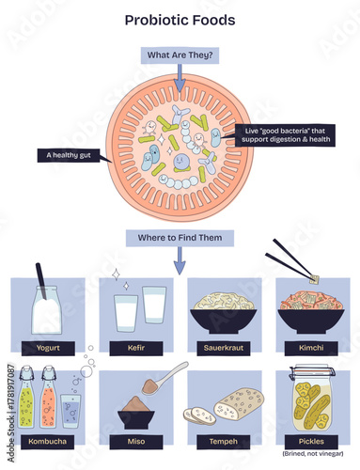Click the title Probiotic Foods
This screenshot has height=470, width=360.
tap(180, 20)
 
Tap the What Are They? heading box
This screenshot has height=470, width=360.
tap(180, 55)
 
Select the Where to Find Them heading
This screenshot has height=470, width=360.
tap(180, 238)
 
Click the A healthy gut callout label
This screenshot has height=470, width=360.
tap(70, 154)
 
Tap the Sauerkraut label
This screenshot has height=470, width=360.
tap(224, 345)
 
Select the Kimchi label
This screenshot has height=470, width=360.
tap(313, 345)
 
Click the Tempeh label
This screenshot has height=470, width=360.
tap(224, 439)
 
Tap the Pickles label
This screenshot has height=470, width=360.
tap(313, 439)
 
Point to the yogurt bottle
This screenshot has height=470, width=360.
tap(45, 310)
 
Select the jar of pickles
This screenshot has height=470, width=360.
tap(312, 399)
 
